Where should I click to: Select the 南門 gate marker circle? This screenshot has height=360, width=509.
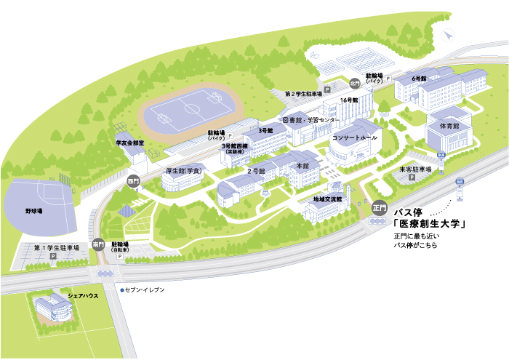98,245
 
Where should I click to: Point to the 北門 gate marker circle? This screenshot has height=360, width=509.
355,82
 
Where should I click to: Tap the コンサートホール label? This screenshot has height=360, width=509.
355,137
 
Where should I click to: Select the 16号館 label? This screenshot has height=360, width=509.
349,100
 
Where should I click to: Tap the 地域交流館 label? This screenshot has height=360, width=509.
327,199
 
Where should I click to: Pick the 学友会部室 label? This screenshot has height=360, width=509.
130,144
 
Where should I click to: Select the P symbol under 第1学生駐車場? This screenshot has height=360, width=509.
52,257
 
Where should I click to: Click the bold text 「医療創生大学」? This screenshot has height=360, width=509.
429,224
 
